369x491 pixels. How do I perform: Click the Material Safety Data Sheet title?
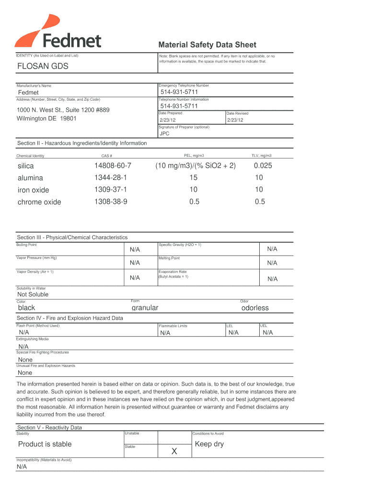(208, 45)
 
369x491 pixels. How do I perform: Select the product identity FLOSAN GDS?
(43, 67)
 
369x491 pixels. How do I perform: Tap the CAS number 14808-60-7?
(113, 166)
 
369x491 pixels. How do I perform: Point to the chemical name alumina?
(30, 178)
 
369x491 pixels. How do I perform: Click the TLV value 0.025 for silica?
(259, 166)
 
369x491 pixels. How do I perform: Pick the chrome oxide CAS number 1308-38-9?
(111, 202)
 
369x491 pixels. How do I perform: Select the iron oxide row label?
(33, 190)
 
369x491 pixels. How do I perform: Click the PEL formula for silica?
(195, 166)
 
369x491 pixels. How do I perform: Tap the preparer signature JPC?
(164, 134)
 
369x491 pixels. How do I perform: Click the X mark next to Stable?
(174, 451)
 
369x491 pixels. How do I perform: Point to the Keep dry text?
(209, 444)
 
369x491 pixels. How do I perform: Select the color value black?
(26, 308)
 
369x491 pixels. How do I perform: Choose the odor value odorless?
(255, 308)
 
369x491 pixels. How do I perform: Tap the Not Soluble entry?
(33, 294)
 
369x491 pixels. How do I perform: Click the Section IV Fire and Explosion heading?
(70, 318)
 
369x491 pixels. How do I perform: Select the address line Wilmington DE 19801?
(47, 118)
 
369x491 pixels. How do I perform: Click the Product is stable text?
(45, 444)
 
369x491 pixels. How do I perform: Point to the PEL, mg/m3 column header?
(194, 156)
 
